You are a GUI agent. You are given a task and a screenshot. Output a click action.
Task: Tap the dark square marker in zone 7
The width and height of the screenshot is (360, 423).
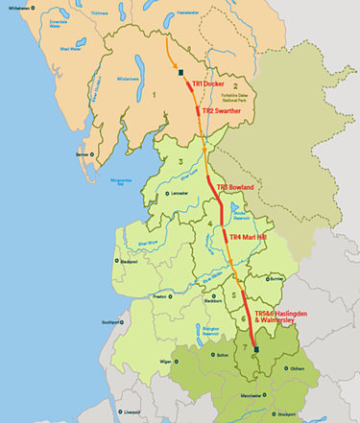256,351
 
